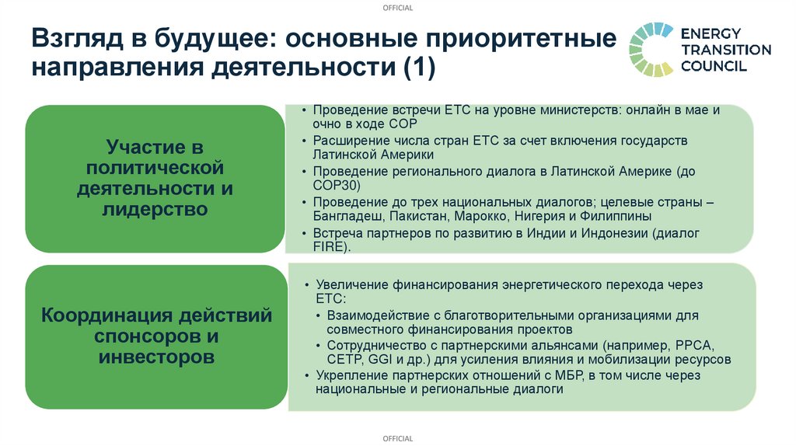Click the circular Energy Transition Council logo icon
(x=651, y=49)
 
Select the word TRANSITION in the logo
(x=726, y=50)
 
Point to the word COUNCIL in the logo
(x=714, y=66)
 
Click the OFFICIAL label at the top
(x=398, y=8)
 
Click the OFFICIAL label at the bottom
(x=398, y=439)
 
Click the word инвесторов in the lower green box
(x=156, y=357)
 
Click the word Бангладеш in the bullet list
(x=347, y=217)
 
